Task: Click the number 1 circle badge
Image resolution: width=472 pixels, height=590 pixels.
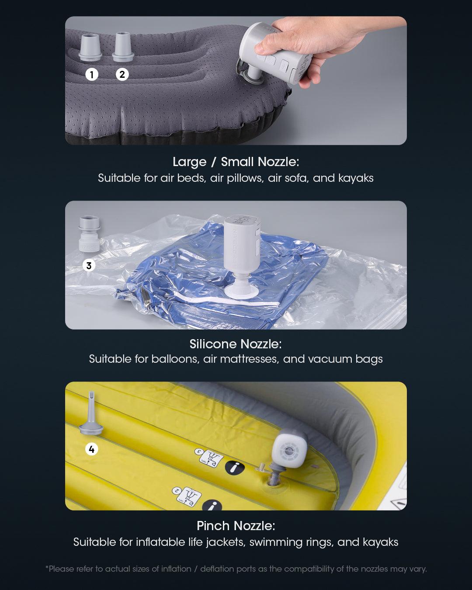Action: coord(91,75)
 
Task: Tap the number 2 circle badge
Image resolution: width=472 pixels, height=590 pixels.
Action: coord(122,74)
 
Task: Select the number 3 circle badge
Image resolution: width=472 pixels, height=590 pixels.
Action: coord(89,265)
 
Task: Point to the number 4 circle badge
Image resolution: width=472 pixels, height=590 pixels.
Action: coord(91,449)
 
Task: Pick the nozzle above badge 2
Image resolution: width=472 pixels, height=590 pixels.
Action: coord(122,47)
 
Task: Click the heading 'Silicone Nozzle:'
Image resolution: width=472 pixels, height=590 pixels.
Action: coord(236,344)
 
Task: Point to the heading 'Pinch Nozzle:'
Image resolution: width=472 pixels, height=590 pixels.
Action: coord(236,525)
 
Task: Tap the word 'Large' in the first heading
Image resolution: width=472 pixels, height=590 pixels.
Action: coord(190,162)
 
